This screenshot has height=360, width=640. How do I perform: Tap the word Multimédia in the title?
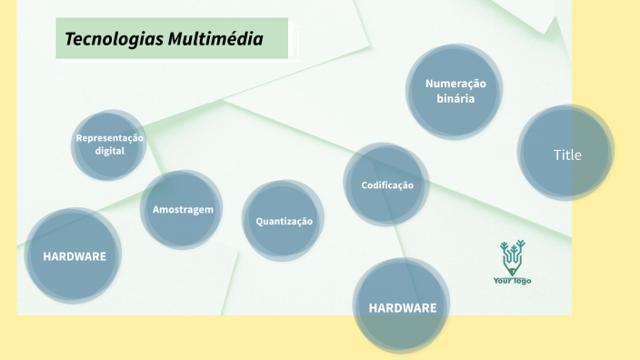coord(215,40)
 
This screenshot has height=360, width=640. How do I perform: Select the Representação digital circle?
coord(109,145)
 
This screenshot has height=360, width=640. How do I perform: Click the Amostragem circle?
coord(182,209)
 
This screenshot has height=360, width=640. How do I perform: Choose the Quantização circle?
coord(284,221)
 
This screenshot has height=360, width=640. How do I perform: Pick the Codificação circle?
coord(387,185)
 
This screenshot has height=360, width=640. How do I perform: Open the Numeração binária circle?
coord(455,91)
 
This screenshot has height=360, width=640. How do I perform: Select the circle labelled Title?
coord(566,154)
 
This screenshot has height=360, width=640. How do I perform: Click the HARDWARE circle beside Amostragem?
coord(74,255)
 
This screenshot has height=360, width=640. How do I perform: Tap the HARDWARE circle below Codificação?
coord(402,307)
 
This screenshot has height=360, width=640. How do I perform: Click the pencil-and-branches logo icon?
coord(513,256)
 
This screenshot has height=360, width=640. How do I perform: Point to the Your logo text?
coord(513,280)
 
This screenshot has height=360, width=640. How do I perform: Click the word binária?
coord(455,98)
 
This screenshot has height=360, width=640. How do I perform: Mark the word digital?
coord(109,150)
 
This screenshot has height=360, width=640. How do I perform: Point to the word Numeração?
coord(455,84)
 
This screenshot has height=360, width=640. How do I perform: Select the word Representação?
coord(109,138)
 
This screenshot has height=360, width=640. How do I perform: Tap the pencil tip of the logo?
coord(513,270)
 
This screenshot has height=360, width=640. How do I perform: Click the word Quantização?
coord(284,221)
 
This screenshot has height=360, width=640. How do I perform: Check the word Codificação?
coord(387,185)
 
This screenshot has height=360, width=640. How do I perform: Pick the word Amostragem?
coord(183,209)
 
